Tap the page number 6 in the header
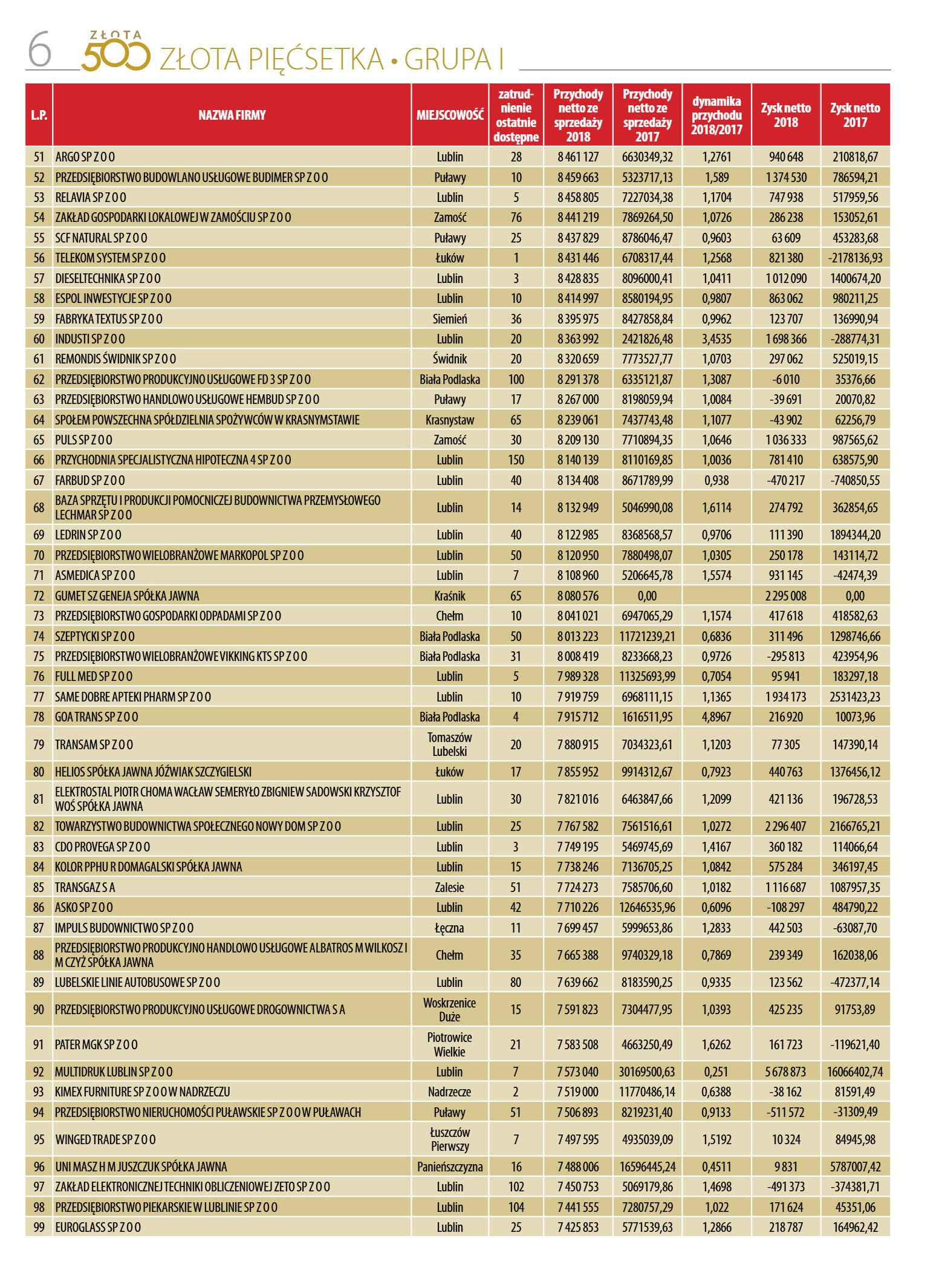coord(40,51)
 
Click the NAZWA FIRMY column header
coord(232,115)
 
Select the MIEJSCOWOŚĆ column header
coord(450,115)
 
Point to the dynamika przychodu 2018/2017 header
coord(716,115)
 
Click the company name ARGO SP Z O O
coord(85,157)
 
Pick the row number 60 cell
coord(39,339)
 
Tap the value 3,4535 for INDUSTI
coord(716,339)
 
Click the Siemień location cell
coord(450,319)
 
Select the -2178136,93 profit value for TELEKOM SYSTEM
coord(855,258)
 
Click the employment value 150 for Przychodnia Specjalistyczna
coord(516,460)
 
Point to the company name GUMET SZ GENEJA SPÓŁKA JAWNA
coord(127,596)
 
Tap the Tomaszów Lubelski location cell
coord(450,744)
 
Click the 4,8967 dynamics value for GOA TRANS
coord(716,717)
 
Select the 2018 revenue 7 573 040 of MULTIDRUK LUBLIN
coord(578,1072)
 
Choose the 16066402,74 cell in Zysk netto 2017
coord(855,1072)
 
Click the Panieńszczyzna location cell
coord(450,1167)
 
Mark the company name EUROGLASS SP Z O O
coord(98,1227)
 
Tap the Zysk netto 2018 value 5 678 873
coord(785,1072)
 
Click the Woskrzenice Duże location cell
coord(450,1009)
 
